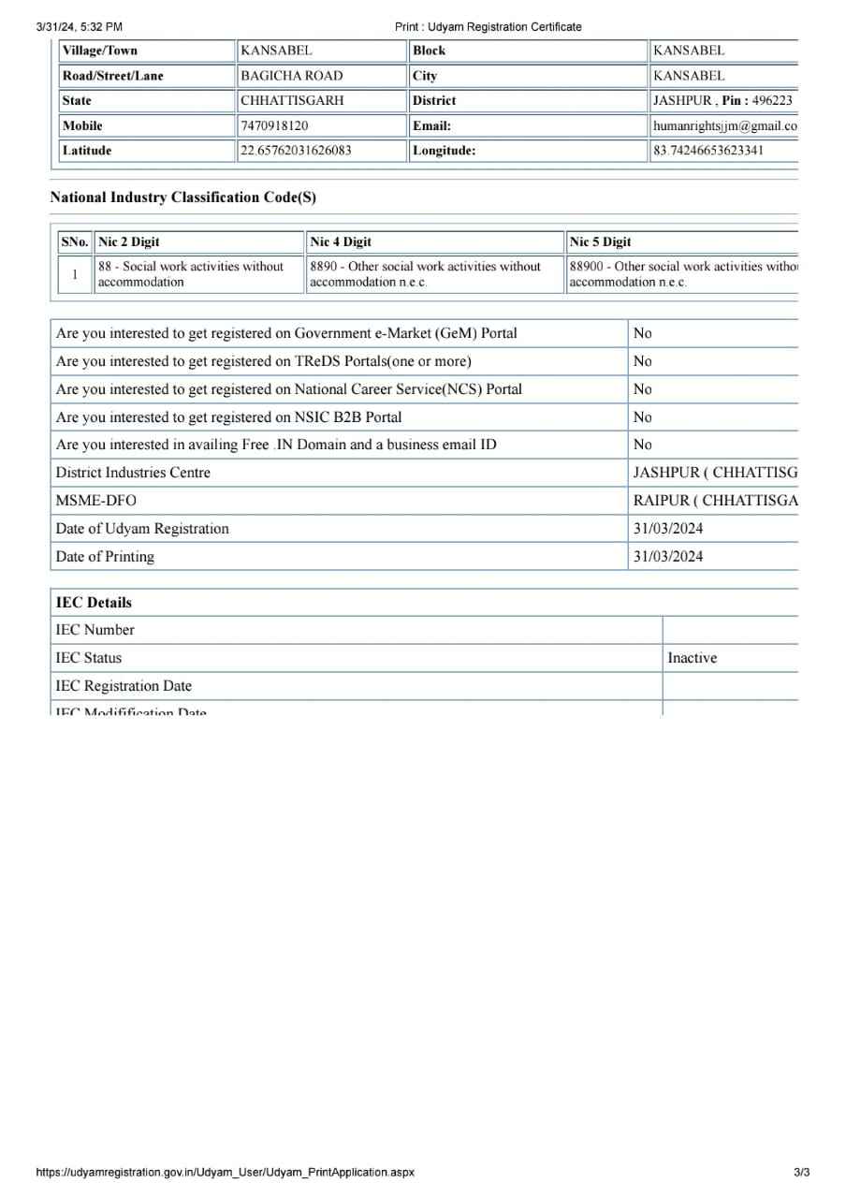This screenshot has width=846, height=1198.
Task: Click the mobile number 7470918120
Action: (x=274, y=125)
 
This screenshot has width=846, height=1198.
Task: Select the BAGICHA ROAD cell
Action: (x=291, y=76)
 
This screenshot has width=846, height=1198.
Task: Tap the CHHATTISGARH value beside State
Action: (x=292, y=100)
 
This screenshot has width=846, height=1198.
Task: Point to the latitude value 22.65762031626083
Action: (x=296, y=150)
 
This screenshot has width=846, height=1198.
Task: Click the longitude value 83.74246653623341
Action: (x=708, y=150)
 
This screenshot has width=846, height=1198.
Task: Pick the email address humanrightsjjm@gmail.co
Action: (x=725, y=125)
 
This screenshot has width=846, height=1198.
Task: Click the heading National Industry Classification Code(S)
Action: (x=182, y=197)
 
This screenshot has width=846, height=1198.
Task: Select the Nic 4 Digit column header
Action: (x=341, y=241)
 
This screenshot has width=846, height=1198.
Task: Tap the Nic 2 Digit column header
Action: (x=129, y=241)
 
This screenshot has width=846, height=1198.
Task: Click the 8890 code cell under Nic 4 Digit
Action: (x=425, y=274)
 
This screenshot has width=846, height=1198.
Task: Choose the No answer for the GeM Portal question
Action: (x=643, y=333)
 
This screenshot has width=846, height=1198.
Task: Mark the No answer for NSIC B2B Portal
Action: (x=643, y=417)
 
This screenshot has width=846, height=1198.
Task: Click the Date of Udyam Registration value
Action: (x=668, y=529)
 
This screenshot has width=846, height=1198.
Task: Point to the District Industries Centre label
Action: (x=133, y=473)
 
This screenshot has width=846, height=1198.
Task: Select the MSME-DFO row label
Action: (x=95, y=501)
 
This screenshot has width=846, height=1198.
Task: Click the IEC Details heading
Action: (x=94, y=603)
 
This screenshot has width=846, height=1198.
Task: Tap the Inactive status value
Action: (x=692, y=658)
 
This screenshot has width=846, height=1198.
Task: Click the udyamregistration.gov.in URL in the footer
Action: (x=225, y=1172)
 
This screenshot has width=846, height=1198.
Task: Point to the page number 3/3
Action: (x=801, y=1172)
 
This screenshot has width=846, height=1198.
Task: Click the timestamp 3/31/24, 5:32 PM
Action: (x=79, y=27)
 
